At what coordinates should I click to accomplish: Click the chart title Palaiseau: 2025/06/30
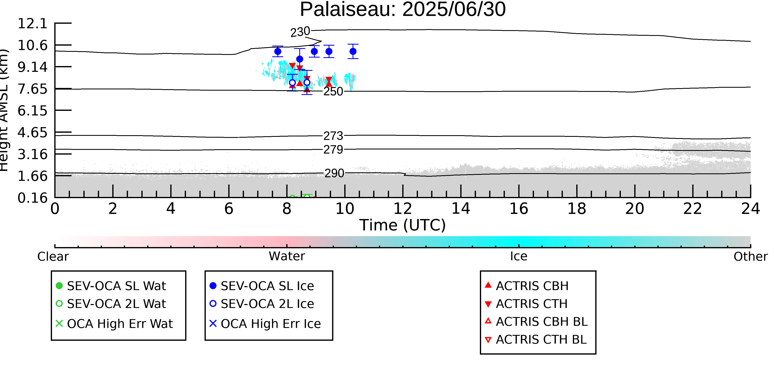click(403, 10)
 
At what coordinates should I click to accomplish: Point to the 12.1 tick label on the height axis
click(32, 24)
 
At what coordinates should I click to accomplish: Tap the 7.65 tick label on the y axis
click(32, 89)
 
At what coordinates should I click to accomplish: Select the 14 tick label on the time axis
click(461, 208)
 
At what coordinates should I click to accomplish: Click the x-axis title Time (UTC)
click(403, 225)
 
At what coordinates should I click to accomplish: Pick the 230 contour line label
click(300, 32)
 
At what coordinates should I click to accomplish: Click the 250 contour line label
click(333, 91)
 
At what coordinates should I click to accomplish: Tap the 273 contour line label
click(333, 136)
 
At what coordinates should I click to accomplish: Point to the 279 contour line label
click(333, 149)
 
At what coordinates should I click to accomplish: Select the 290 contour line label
click(334, 173)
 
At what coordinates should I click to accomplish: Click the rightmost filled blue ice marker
click(353, 51)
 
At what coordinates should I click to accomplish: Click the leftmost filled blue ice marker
click(278, 51)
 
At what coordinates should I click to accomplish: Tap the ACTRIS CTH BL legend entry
click(536, 340)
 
